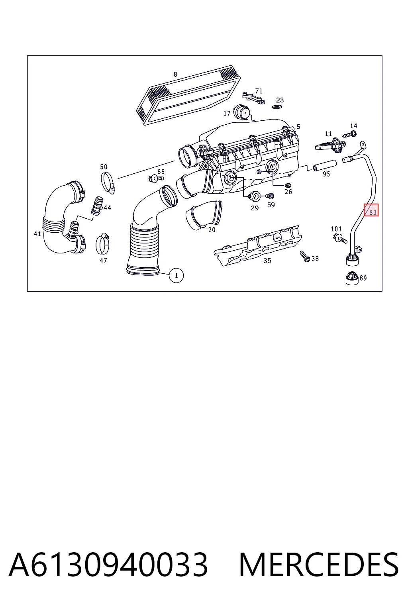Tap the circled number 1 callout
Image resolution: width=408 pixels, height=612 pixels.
pyautogui.click(x=176, y=275)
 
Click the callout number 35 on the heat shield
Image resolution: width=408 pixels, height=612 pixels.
pyautogui.click(x=267, y=261)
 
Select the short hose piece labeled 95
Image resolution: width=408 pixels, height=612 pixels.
pyautogui.click(x=325, y=166)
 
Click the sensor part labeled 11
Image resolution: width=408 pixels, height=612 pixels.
pyautogui.click(x=331, y=145)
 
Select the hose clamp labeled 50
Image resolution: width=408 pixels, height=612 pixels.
pyautogui.click(x=108, y=182)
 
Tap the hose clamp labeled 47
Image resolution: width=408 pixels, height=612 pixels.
pyautogui.click(x=103, y=243)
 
